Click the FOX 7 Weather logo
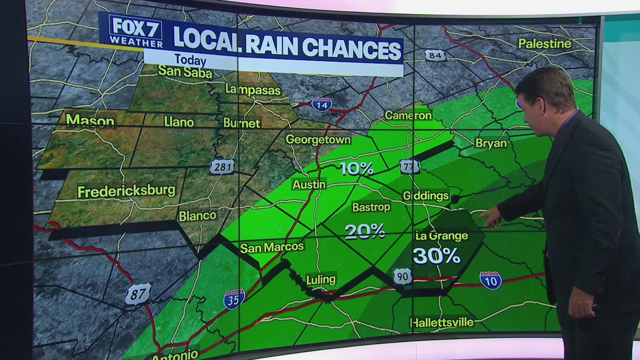tap(135, 31)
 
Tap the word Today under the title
tap(190, 60)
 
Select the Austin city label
tap(309, 184)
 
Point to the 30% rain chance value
tap(436, 255)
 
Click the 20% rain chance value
tap(364, 231)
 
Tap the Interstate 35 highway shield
tap(234, 298)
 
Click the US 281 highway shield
tap(222, 166)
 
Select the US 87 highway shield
tap(137, 294)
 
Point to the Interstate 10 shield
tap(490, 280)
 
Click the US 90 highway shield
tap(402, 276)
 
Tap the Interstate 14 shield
tap(321, 104)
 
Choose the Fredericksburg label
tap(126, 191)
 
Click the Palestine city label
tap(544, 44)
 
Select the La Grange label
tap(441, 235)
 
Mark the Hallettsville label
tap(441, 322)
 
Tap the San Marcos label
tap(271, 247)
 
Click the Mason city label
tap(90, 120)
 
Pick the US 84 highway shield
tap(435, 55)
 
